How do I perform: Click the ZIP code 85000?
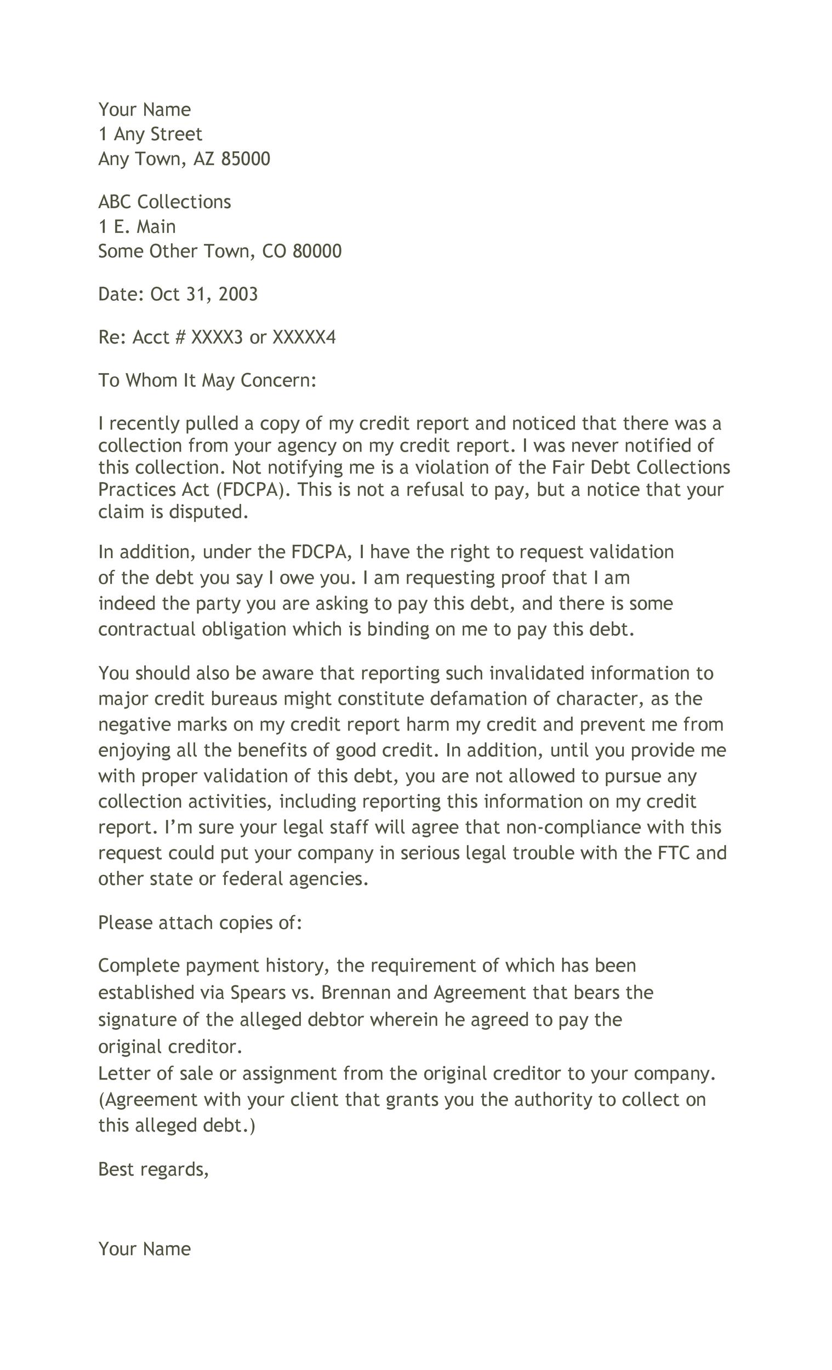245,159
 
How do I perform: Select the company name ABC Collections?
164,202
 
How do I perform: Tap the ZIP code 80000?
316,252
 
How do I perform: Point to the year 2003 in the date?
238,294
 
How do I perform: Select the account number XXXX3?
217,338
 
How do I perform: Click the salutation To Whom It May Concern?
207,380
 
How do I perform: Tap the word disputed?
209,511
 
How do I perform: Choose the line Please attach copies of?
200,923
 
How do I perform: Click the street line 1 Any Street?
150,134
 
